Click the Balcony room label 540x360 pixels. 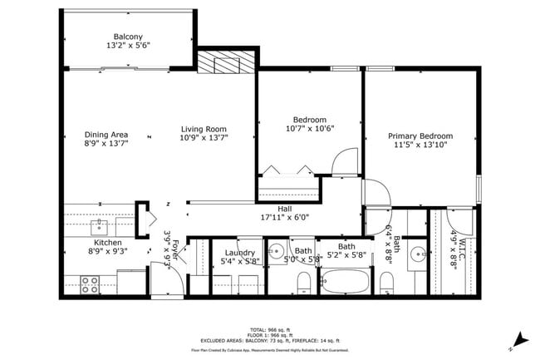(x=129, y=37)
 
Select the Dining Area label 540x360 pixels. (x=106, y=135)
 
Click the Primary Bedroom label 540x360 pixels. (x=420, y=136)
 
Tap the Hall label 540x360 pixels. (x=285, y=210)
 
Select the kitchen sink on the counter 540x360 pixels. (x=103, y=224)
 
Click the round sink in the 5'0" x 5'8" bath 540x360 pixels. (x=277, y=250)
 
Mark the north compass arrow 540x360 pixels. (x=521, y=338)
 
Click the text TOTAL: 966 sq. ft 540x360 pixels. (x=270, y=329)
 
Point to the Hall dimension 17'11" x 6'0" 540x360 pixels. (x=285, y=219)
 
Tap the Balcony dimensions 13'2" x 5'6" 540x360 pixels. (x=129, y=46)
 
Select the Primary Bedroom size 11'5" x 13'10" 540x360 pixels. (x=420, y=145)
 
